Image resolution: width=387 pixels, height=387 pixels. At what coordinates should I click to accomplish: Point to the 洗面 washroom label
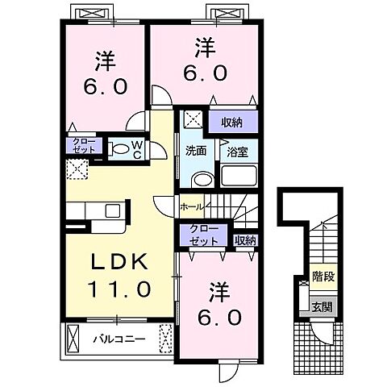click(x=196, y=150)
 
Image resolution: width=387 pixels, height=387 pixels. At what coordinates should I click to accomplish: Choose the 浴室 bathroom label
click(x=236, y=151)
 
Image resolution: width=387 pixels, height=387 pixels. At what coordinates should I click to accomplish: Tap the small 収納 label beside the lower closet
click(x=245, y=239)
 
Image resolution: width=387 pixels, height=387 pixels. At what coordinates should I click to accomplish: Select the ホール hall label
click(x=192, y=206)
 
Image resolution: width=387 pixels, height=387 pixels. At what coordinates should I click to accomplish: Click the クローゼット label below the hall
click(x=203, y=236)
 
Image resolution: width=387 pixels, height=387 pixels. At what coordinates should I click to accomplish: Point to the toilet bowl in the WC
click(x=119, y=148)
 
